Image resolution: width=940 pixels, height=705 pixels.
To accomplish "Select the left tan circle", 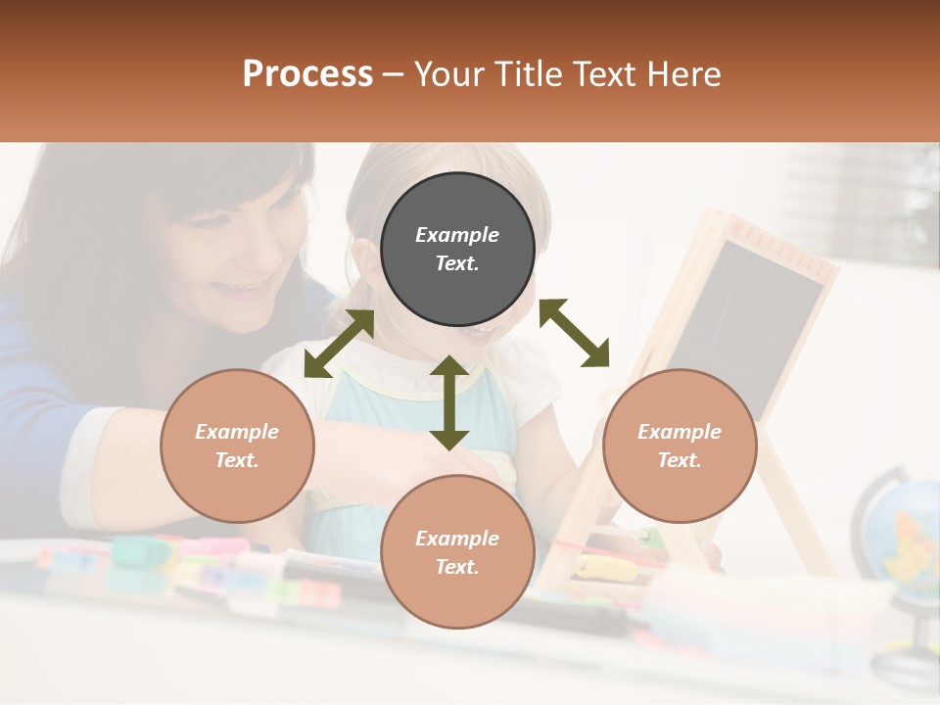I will (237, 446).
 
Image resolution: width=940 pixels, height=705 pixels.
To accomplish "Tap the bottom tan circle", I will (457, 551).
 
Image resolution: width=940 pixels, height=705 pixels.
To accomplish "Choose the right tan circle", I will (680, 446).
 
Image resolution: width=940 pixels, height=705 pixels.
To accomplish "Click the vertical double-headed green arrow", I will (449, 402).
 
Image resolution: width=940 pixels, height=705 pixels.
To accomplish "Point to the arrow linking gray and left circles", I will (339, 343).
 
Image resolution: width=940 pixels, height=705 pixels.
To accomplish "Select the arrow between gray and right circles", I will (574, 333).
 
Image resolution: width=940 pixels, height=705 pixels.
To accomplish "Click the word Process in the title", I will (307, 73).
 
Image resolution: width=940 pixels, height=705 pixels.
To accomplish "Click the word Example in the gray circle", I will (457, 235).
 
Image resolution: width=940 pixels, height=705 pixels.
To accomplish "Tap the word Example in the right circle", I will (680, 432).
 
